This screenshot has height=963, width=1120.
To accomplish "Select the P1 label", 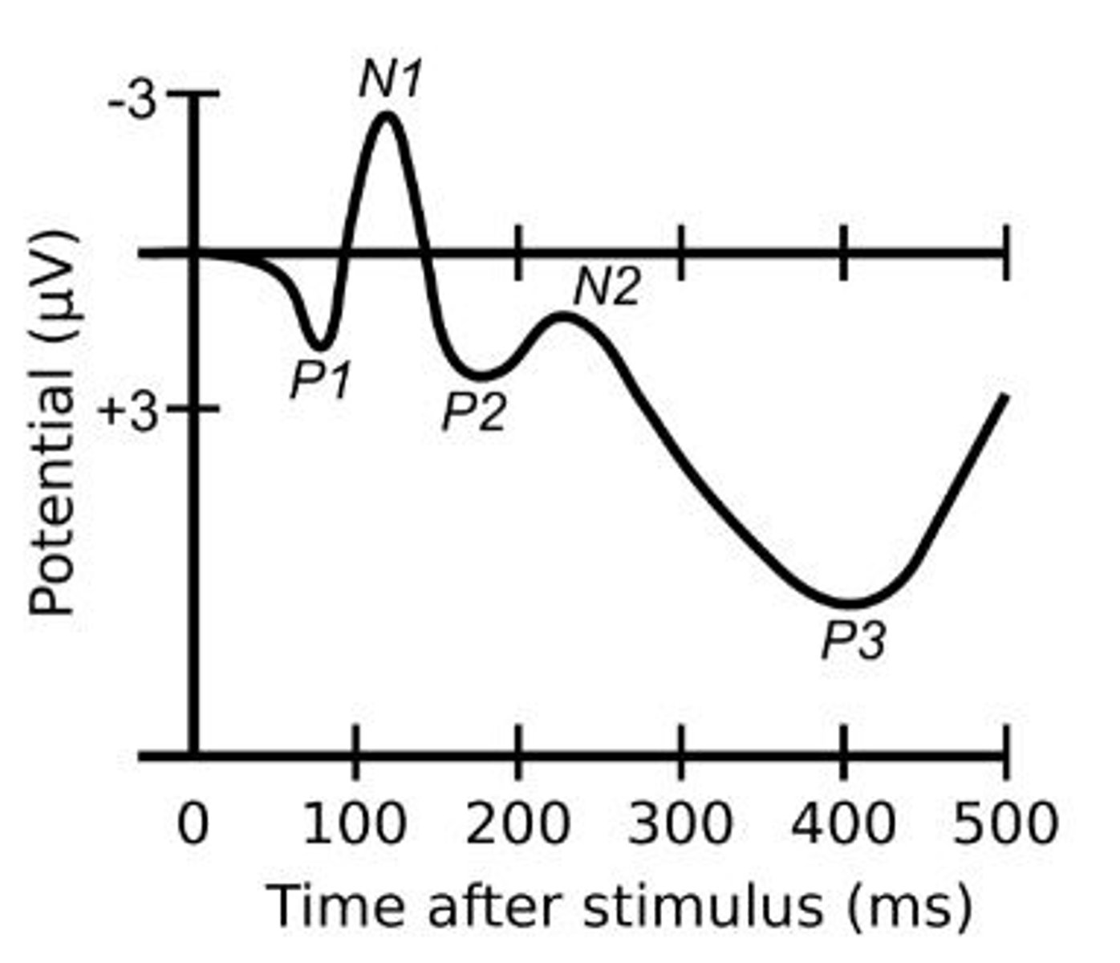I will pyautogui.click(x=320, y=379).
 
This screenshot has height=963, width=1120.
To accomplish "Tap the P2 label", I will pyautogui.click(x=474, y=412).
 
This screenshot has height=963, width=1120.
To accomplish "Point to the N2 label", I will pyautogui.click(x=607, y=287).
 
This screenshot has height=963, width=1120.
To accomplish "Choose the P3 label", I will pyautogui.click(x=853, y=641).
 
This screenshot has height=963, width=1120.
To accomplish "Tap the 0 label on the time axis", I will pyautogui.click(x=193, y=823).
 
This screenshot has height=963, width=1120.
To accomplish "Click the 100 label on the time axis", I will pyautogui.click(x=355, y=823).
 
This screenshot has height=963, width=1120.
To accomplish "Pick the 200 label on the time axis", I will pyautogui.click(x=518, y=823).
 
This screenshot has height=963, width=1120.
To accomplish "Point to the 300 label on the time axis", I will pyautogui.click(x=680, y=823).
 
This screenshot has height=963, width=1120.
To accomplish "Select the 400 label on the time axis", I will pyautogui.click(x=842, y=823).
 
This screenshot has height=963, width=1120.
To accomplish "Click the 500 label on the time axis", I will pyautogui.click(x=1005, y=823).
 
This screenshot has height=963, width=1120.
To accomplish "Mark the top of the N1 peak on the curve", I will pyautogui.click(x=388, y=115).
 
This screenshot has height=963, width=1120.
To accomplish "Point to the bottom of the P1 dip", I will pyautogui.click(x=319, y=347).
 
